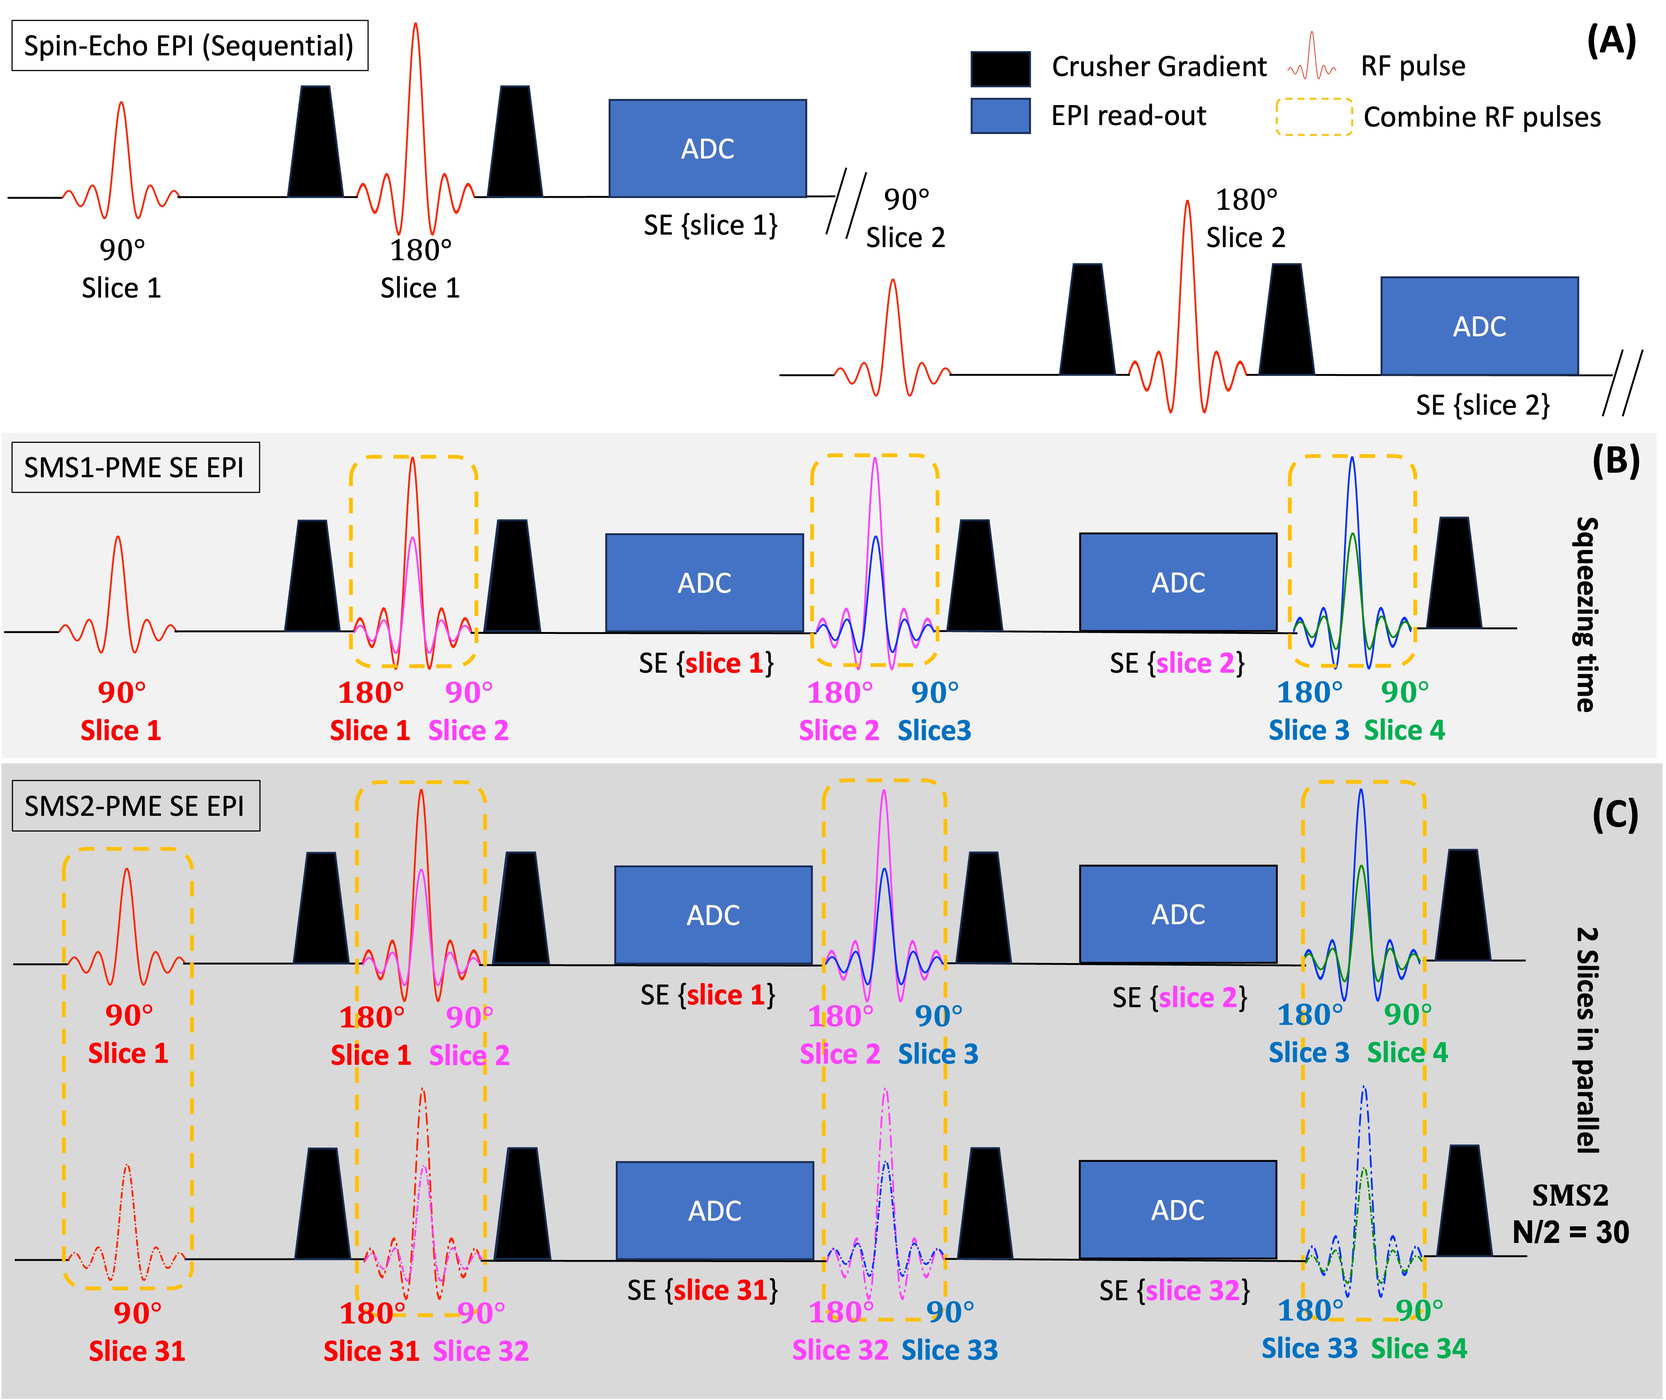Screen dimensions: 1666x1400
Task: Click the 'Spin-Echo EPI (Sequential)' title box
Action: [190, 45]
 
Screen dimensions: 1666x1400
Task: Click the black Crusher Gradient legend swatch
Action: [1001, 68]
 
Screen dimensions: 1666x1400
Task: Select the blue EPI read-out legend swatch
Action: [1001, 116]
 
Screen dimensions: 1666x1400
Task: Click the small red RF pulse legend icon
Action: [1312, 57]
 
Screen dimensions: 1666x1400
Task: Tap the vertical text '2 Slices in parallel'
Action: [1587, 1040]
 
